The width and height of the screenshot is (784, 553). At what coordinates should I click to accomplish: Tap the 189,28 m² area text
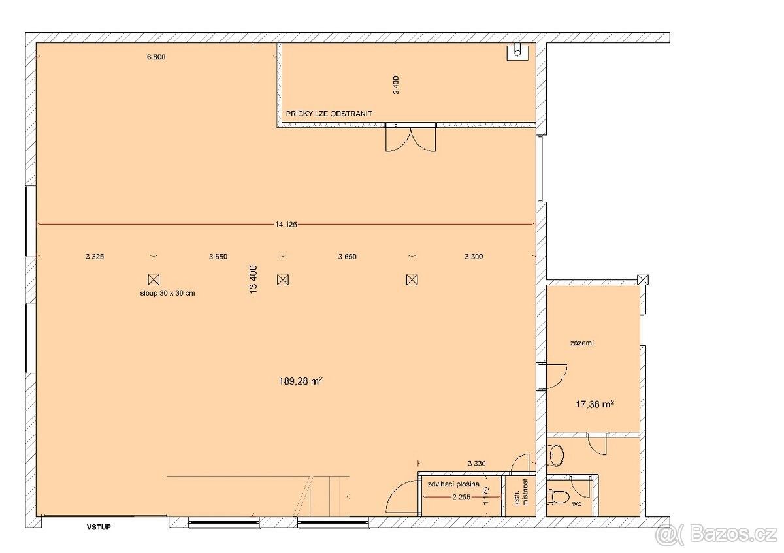(x=301, y=380)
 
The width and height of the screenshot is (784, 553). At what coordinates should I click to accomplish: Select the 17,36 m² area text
(x=594, y=404)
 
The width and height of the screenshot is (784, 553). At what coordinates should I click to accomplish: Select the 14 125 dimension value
(x=286, y=225)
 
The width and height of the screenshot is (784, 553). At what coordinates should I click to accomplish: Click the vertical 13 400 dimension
(x=253, y=279)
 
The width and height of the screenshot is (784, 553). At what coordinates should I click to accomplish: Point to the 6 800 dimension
(x=156, y=57)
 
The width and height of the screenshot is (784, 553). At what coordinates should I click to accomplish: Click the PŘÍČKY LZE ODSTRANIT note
(x=329, y=114)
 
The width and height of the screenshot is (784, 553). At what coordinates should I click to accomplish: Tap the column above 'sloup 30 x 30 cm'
(x=154, y=279)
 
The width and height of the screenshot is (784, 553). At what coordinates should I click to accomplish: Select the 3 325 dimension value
(x=95, y=257)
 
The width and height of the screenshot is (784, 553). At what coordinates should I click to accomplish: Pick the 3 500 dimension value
(x=474, y=257)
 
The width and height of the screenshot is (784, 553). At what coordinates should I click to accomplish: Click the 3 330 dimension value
(x=477, y=464)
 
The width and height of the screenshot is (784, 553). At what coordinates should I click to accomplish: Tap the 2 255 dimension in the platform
(x=461, y=497)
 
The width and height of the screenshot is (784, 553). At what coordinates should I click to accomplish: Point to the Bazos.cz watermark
(x=716, y=535)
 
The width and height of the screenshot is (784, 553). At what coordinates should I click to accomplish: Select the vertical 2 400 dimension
(x=396, y=85)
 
